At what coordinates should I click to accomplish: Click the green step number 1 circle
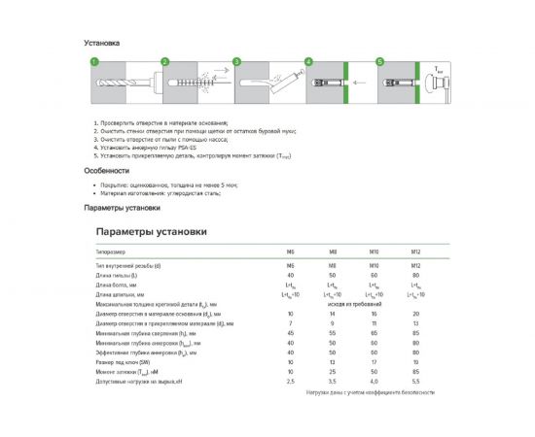click(94, 61)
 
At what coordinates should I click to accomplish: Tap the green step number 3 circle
click(236, 61)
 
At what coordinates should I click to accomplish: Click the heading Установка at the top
click(101, 43)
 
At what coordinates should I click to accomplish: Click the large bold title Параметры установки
click(152, 232)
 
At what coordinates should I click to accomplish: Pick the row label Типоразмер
click(111, 252)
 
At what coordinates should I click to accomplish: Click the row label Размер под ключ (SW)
click(127, 361)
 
